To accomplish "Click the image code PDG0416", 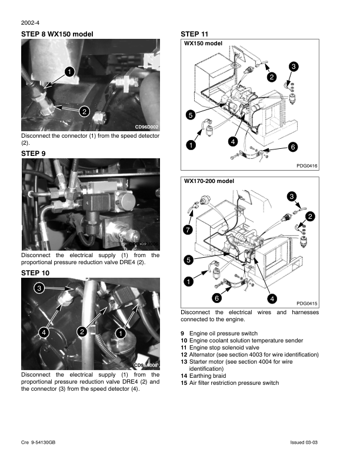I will [x=307, y=167].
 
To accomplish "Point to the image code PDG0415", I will [x=307, y=303].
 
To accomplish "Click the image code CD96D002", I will [x=146, y=127].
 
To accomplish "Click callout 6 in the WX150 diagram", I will [x=292, y=147].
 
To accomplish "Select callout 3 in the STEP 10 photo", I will [x=38, y=288].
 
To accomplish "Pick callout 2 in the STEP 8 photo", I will [x=84, y=111].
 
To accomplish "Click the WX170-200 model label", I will [x=209, y=181].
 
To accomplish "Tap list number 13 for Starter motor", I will [x=184, y=362].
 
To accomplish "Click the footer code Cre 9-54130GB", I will [x=38, y=442].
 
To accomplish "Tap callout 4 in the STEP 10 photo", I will [x=44, y=332].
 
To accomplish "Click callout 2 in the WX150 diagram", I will [x=271, y=76].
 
